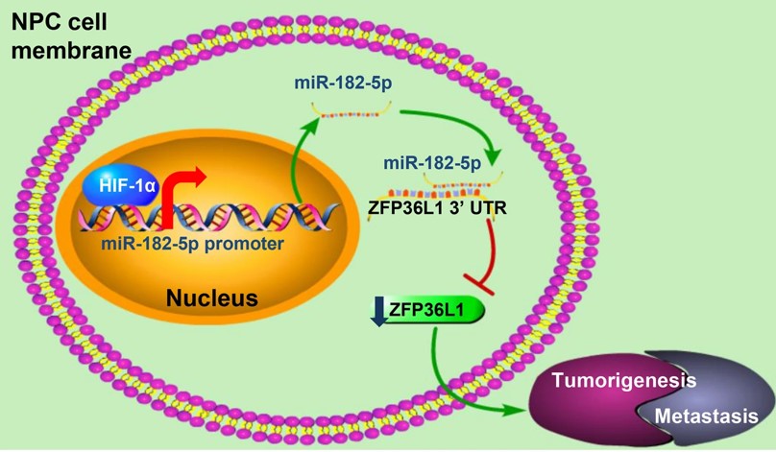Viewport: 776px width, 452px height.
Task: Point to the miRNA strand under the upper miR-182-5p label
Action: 348,113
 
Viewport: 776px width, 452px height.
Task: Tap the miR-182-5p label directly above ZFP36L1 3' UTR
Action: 432,163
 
